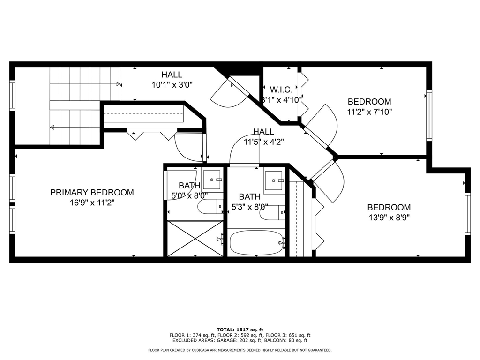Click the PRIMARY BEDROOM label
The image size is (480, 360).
coord(92,192)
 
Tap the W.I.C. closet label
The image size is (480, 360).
coord(281,90)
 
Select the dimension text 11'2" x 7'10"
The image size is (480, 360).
coord(369,112)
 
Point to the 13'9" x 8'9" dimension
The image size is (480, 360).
coord(389,217)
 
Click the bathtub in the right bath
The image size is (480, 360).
coord(256,242)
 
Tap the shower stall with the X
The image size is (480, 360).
coord(195,239)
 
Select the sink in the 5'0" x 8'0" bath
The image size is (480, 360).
coord(212,180)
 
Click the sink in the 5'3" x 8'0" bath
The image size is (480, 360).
coord(274,180)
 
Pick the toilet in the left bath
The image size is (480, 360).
coord(210,207)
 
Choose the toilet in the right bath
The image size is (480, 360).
coord(272,212)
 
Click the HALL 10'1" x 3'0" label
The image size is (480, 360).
coord(172,79)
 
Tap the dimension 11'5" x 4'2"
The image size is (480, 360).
coord(264,142)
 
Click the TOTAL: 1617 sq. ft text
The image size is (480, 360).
coord(240,330)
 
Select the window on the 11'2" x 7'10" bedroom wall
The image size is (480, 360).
coord(429,115)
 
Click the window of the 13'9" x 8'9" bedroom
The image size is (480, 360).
coord(467,214)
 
